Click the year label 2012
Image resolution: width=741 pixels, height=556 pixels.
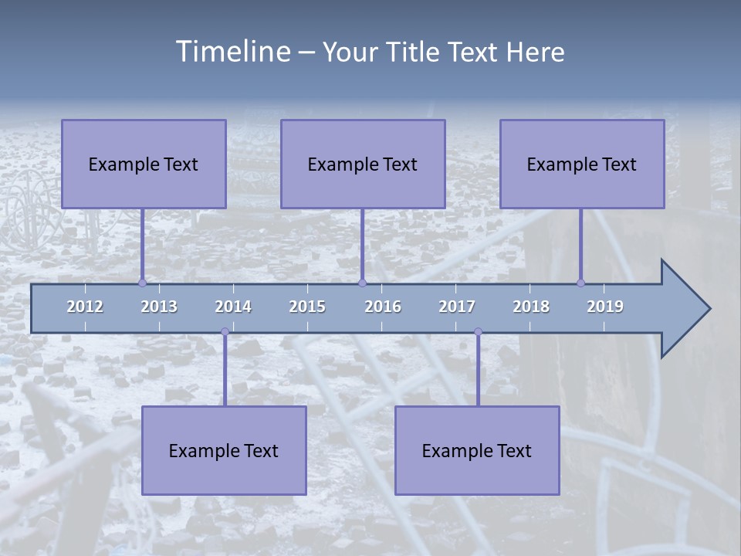(x=85, y=307)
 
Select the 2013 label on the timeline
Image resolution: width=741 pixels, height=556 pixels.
(x=159, y=307)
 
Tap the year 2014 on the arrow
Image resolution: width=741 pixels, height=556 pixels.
(x=233, y=307)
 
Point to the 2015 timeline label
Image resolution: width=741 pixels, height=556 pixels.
(x=307, y=307)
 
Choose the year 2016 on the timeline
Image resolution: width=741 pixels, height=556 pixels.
(x=383, y=307)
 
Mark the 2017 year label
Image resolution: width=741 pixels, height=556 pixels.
(x=457, y=307)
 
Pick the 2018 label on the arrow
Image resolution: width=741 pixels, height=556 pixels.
(x=531, y=307)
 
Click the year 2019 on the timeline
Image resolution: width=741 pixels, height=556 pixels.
(x=605, y=307)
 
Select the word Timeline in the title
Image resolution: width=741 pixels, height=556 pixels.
(x=232, y=52)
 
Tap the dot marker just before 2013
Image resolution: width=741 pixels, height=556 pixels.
(x=142, y=283)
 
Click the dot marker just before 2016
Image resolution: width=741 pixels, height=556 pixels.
(x=362, y=283)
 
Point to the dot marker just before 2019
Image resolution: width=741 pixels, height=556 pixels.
(x=581, y=283)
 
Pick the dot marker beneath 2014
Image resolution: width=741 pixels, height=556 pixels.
(x=225, y=332)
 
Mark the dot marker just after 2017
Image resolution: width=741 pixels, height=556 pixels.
(x=478, y=332)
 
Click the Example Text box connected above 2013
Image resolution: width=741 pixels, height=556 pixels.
(x=144, y=164)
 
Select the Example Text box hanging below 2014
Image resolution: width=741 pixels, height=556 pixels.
(x=224, y=450)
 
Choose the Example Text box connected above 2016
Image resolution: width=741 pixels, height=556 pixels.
(x=363, y=164)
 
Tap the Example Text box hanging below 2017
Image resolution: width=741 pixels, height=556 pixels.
(x=477, y=450)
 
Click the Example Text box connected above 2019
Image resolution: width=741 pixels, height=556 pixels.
(x=582, y=164)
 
